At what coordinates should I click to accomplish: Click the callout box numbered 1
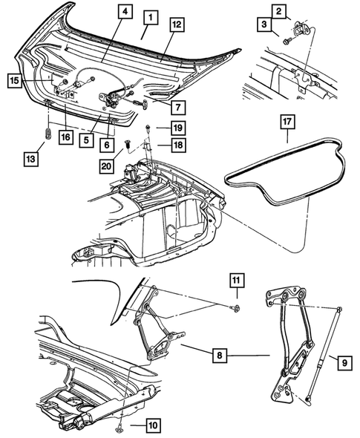149,16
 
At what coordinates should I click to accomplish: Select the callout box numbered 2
279,11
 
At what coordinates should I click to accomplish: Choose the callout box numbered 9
344,362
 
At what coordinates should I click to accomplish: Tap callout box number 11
235,280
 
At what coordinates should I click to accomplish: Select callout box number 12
176,25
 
